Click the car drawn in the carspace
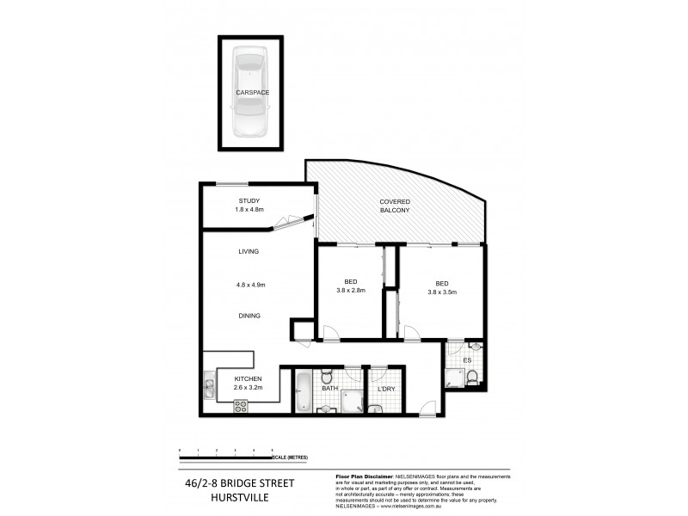click(x=249, y=92)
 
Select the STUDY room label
click(x=249, y=201)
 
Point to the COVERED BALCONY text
click(x=395, y=206)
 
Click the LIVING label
click(x=249, y=251)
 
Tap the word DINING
click(x=249, y=316)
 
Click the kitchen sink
click(x=208, y=384)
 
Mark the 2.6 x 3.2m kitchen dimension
click(x=249, y=388)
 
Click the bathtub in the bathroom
click(x=304, y=391)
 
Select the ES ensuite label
click(x=468, y=360)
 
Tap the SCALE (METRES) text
click(x=292, y=457)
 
